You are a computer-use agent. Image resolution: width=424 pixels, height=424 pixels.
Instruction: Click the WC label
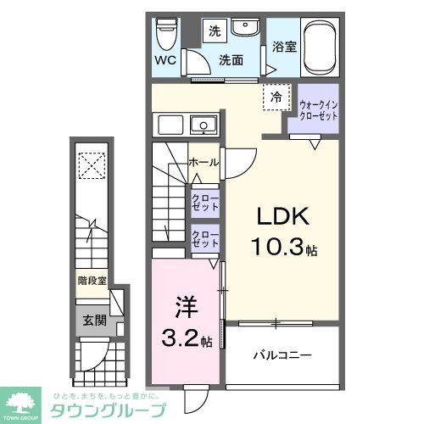(x=165, y=61)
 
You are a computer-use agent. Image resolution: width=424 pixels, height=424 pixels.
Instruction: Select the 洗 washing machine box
(x=215, y=31)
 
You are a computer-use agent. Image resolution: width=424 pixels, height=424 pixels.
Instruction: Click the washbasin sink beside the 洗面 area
(x=248, y=27)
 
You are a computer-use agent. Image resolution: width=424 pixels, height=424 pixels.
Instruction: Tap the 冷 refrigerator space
(x=276, y=98)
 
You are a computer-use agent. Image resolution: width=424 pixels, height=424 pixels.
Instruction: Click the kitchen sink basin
(x=203, y=126)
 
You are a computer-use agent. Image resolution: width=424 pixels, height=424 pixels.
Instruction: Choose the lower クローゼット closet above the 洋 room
(x=204, y=238)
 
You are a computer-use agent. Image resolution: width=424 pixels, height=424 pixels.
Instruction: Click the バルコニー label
(x=283, y=354)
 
